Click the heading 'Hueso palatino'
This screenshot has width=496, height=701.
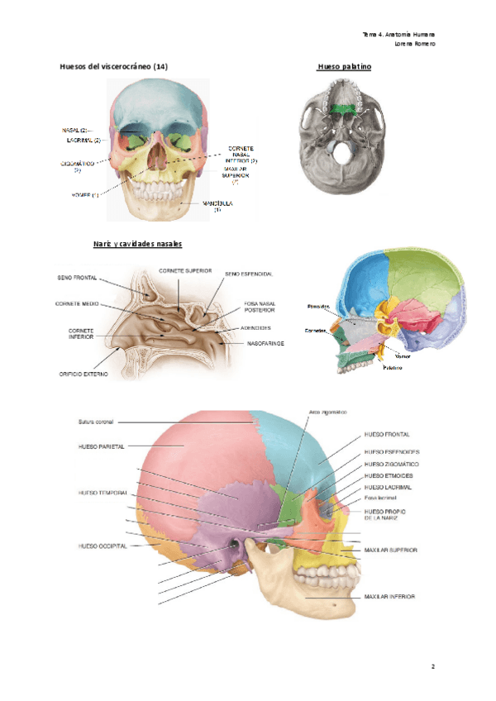pyautogui.click(x=344, y=65)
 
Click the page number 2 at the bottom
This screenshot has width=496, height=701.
pyautogui.click(x=432, y=665)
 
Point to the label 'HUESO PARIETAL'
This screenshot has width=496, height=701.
pyautogui.click(x=102, y=446)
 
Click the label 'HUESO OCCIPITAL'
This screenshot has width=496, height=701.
pyautogui.click(x=103, y=546)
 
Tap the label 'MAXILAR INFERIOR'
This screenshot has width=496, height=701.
pyautogui.click(x=389, y=596)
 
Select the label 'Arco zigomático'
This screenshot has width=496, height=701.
pyautogui.click(x=327, y=412)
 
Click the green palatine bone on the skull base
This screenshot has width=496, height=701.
pyautogui.click(x=341, y=108)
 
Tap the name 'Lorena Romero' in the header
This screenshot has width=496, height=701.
pyautogui.click(x=415, y=43)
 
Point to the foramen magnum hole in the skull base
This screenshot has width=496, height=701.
pyautogui.click(x=341, y=151)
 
